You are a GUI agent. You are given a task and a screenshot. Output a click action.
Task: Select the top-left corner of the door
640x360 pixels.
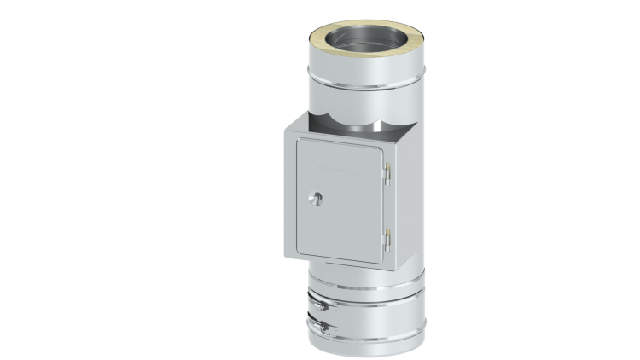(295, 141)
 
